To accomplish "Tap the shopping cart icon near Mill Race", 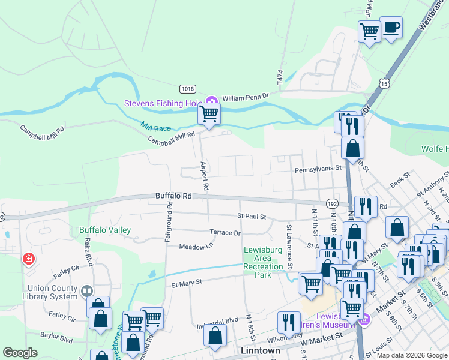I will [209, 113].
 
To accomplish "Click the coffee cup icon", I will [391, 28].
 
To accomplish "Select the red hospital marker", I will [28, 259].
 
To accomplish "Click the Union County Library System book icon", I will [88, 290].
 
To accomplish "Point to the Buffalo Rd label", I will [173, 196].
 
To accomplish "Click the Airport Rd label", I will [205, 176].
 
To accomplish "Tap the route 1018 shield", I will [188, 89].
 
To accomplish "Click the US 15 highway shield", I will [384, 81].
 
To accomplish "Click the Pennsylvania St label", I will [318, 170].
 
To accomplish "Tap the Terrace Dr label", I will [224, 232].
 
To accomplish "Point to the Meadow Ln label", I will [196, 246].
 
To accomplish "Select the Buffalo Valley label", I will [105, 230].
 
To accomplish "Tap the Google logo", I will [20, 352].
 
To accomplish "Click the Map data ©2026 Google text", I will [412, 355].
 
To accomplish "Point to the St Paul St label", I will [251, 216].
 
